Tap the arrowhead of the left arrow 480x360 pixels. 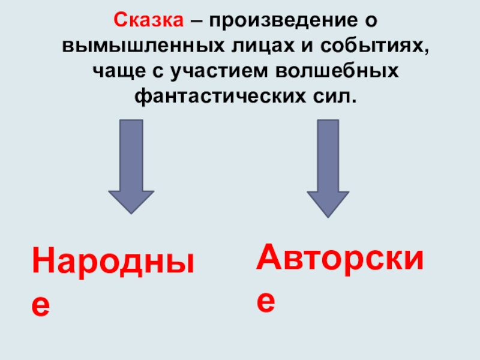[131, 201]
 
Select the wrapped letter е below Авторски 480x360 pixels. [266, 300]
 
